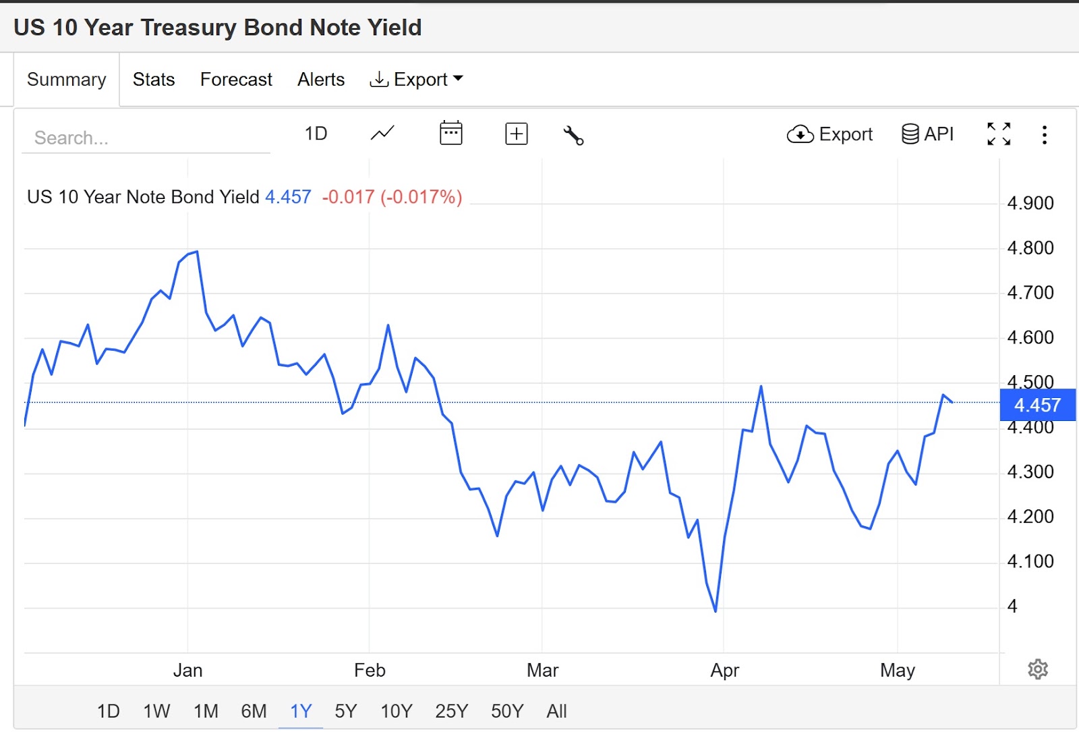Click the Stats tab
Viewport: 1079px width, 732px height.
[x=154, y=80]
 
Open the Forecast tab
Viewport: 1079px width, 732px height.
[x=236, y=80]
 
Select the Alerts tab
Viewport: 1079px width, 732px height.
[x=321, y=80]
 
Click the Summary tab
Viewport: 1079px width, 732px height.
[x=67, y=80]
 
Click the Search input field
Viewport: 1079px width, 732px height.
[x=145, y=138]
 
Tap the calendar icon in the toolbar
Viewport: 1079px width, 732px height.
[x=450, y=134]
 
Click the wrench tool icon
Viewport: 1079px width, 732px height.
[x=573, y=135]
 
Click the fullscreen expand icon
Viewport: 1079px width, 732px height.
[x=999, y=134]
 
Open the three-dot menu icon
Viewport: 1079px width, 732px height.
[x=1044, y=135]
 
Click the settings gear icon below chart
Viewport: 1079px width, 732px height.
[x=1038, y=669]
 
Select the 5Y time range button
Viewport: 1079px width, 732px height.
[x=346, y=711]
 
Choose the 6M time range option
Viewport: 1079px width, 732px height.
[x=254, y=711]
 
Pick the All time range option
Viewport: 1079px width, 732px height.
[x=556, y=711]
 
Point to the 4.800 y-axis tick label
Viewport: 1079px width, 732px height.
[x=1030, y=248]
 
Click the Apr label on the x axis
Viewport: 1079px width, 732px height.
[x=724, y=671]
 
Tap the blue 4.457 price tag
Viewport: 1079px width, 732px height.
[x=1037, y=405]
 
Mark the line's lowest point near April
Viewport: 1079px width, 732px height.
[x=716, y=611]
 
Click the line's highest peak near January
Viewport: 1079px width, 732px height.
[x=196, y=252]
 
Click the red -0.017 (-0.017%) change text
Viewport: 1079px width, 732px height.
[x=392, y=197]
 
